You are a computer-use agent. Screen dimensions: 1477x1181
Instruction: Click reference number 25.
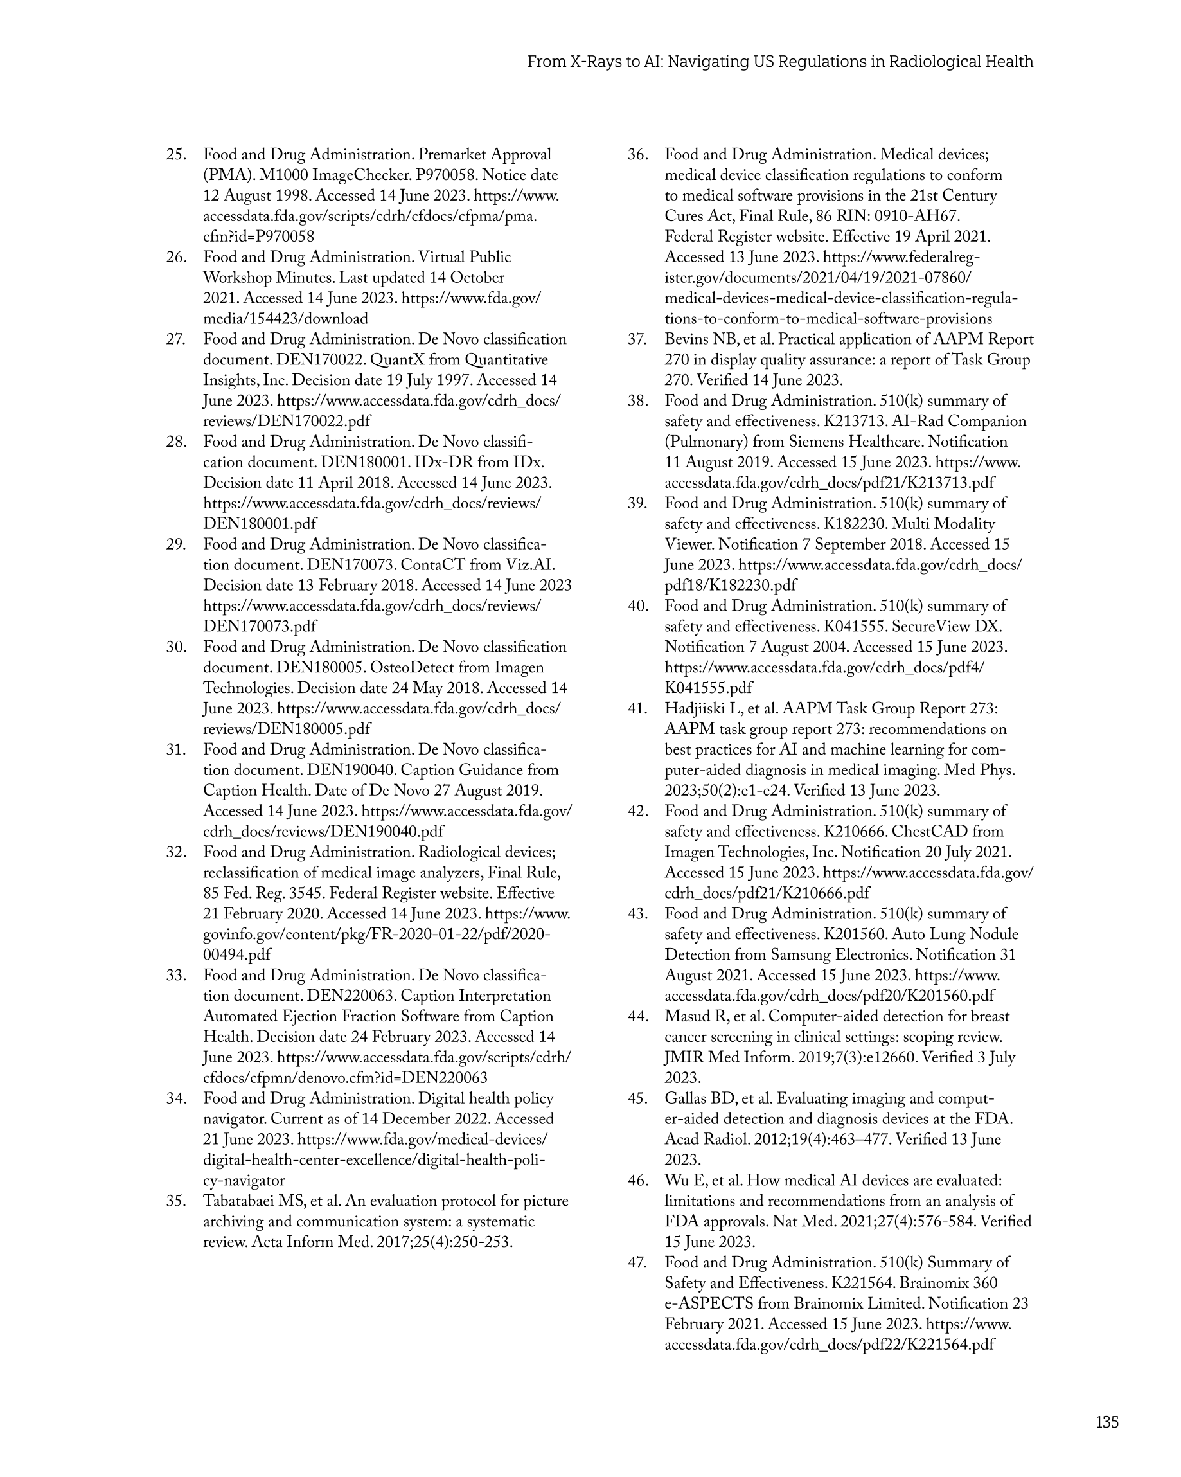click(x=176, y=155)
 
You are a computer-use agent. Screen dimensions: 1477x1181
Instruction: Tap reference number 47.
click(x=638, y=1262)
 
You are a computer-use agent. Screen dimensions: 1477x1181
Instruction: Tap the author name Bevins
click(x=686, y=340)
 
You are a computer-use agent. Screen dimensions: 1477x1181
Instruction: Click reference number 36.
click(x=638, y=155)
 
